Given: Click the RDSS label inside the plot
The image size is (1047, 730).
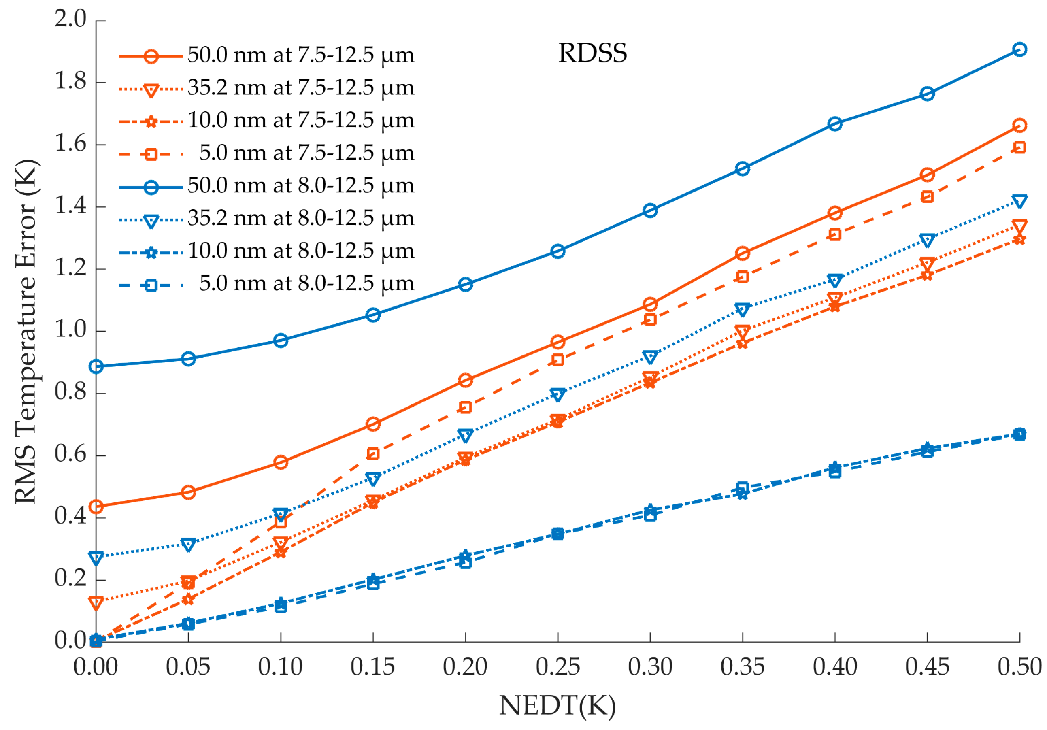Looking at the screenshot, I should pos(592,53).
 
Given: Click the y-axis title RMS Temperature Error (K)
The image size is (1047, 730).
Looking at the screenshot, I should pos(26,332).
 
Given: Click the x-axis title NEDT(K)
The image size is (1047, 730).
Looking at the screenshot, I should pos(557,705).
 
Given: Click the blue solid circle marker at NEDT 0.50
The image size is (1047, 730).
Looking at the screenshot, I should pos(1019,49).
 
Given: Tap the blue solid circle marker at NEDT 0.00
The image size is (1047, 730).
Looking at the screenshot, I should pos(96,366).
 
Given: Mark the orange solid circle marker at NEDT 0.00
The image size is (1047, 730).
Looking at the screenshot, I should pos(96,506).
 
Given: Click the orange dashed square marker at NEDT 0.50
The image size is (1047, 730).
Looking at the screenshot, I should pos(1019,147).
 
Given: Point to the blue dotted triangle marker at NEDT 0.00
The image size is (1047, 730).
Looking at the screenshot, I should pos(96,558).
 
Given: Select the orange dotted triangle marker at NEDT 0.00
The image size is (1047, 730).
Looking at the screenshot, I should pos(96,603).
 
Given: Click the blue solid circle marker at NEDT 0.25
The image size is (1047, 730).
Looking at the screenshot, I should pos(558,251).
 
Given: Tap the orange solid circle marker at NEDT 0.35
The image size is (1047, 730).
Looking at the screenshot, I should pos(743,253).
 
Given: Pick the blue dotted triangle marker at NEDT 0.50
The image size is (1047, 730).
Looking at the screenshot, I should pos(1019,201).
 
